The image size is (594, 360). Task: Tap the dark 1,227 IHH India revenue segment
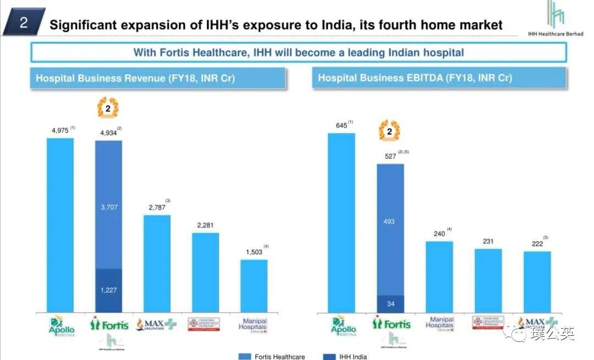click(109, 290)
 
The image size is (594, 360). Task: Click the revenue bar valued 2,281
click(206, 272)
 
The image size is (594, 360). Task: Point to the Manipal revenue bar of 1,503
click(254, 286)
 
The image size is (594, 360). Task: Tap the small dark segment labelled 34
click(390, 304)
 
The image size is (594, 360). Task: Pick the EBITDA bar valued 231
click(488, 281)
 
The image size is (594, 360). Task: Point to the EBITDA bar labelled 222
click(537, 282)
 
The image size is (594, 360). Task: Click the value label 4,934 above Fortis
click(110, 133)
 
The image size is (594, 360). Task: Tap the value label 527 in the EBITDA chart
click(389, 156)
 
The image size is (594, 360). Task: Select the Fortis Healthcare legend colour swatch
click(245, 356)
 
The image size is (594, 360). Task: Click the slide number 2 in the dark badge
click(24, 23)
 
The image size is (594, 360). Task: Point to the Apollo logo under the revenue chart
click(62, 325)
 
